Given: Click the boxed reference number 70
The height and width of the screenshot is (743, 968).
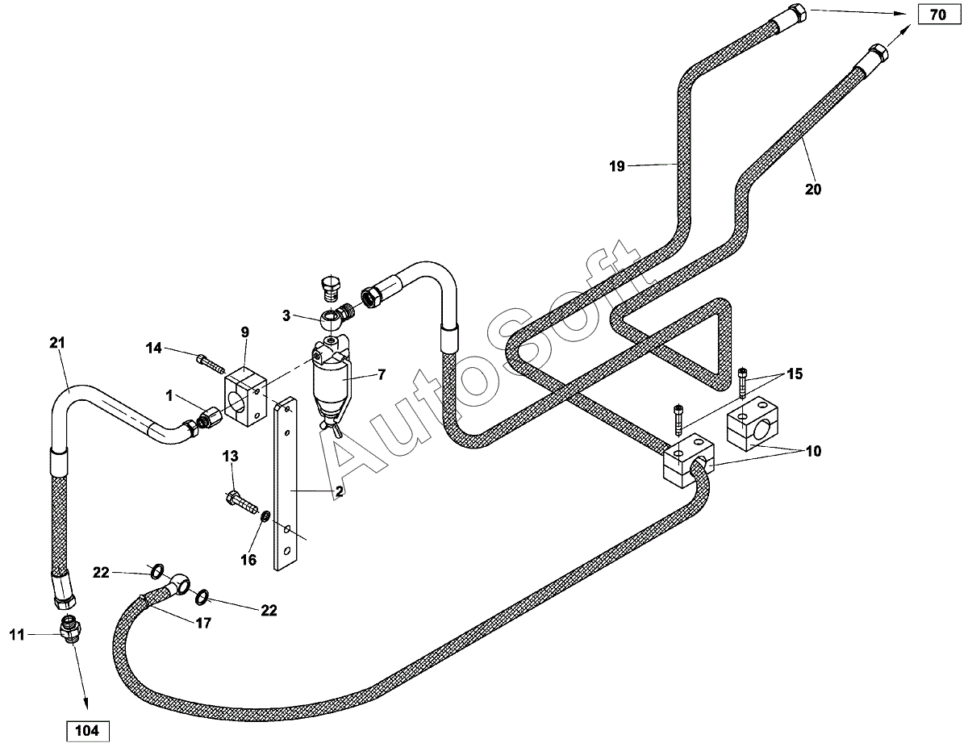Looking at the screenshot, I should pos(937,15).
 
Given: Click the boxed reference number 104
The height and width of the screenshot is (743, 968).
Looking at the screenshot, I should pos(86,731).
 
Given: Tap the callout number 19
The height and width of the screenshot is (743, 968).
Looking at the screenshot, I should pos(617,167).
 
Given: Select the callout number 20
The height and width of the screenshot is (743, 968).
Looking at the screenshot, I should pos(812,190).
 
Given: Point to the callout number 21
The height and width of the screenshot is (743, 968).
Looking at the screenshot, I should pos(56,344).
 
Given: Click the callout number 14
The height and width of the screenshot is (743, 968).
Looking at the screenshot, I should pos(154,348).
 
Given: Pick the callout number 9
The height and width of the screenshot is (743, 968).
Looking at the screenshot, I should pos(244,332).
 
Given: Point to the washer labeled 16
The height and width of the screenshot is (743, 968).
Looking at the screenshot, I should pos(265,516).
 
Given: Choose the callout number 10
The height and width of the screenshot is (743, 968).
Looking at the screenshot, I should pos(812,452).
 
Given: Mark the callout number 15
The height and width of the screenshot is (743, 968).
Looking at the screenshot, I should pos(795,374).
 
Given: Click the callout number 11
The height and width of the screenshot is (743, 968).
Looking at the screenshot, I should pos(17,635).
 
